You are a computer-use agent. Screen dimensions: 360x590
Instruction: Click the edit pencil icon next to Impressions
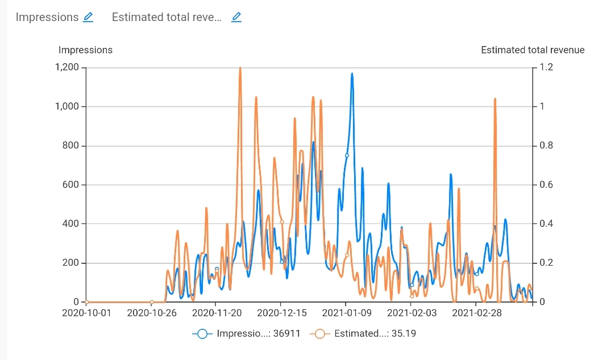pos(88,17)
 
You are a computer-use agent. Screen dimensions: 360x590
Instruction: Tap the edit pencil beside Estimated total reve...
pos(236,17)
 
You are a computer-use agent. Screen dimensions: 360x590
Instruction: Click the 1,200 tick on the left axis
pos(67,68)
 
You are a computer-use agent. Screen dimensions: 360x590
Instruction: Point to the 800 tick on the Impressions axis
pos(71,146)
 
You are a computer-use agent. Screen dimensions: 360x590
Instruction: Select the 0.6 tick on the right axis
pos(546,185)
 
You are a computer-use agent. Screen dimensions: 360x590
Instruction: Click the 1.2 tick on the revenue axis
pos(546,68)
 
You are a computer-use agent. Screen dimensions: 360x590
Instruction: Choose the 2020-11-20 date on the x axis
pos(216,313)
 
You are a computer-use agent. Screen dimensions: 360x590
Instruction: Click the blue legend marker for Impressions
pos(202,334)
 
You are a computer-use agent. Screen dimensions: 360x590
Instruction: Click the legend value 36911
pos(288,334)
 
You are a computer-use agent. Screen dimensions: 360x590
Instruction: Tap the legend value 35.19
pos(404,334)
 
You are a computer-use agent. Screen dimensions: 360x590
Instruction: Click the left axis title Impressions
pos(86,50)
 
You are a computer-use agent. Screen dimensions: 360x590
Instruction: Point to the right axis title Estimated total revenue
pos(533,50)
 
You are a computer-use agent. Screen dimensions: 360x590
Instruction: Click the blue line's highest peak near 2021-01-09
pos(352,73)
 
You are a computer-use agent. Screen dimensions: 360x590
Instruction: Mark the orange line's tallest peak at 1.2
pos(240,68)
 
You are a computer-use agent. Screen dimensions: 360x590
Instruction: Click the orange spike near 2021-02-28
pos(495,99)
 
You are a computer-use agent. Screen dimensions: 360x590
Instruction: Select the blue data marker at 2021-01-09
pos(347,155)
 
